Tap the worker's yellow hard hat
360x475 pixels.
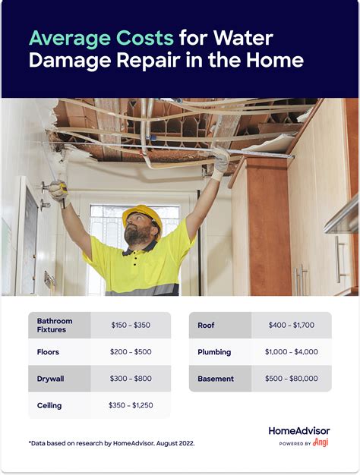(x=141, y=215)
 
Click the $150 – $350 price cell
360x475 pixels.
(x=130, y=325)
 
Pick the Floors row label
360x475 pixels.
(x=49, y=352)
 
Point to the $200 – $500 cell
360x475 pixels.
(x=130, y=352)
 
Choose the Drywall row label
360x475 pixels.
(x=51, y=379)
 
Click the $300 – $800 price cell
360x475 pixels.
(x=130, y=379)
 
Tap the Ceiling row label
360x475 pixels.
(x=50, y=405)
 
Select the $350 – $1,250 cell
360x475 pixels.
(x=130, y=405)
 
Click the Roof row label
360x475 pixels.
(x=206, y=325)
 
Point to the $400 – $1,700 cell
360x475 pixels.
(x=291, y=325)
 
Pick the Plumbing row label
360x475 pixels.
(x=214, y=352)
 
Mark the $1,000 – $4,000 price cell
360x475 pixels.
(x=291, y=352)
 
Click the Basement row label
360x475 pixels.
(x=216, y=379)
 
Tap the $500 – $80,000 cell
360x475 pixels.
(x=291, y=379)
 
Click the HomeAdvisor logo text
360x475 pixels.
(x=298, y=431)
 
